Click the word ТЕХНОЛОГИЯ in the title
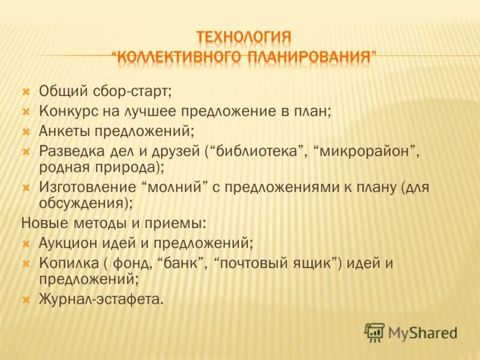point(244,37)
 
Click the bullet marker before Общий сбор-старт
point(26,92)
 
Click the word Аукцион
point(66,243)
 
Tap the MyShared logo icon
point(374,331)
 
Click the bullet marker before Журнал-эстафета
point(26,298)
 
